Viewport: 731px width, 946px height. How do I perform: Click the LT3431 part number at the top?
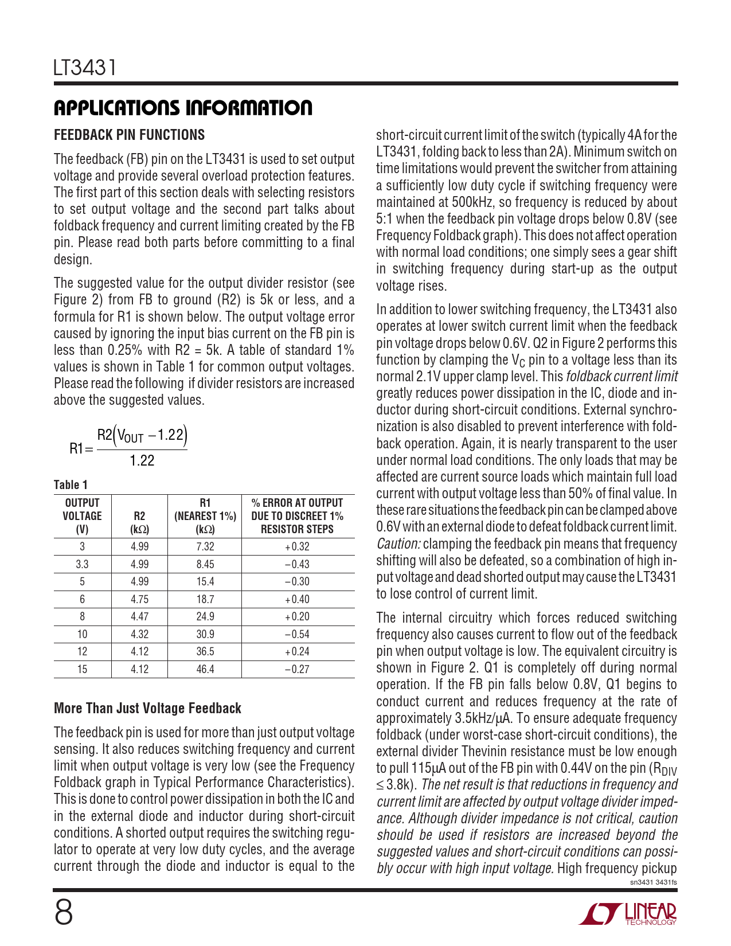point(85,68)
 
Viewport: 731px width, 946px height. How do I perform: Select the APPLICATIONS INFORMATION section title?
point(183,108)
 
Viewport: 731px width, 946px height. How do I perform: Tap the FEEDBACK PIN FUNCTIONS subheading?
point(129,135)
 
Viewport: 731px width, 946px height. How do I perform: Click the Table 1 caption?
point(71,485)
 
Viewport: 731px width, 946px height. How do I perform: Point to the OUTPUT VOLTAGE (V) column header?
point(82,516)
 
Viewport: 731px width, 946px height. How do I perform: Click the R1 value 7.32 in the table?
point(205,547)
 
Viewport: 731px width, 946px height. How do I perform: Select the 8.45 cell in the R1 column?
point(205,564)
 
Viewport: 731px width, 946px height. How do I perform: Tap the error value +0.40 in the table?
point(297,600)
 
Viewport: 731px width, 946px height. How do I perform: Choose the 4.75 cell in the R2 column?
point(139,600)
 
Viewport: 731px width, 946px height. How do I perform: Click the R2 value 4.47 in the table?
point(139,617)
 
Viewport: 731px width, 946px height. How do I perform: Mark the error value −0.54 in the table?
point(297,635)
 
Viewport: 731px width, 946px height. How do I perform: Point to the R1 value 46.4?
point(205,670)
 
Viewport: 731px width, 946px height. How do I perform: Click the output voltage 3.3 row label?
point(82,564)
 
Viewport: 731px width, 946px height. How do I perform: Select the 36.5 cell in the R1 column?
point(205,652)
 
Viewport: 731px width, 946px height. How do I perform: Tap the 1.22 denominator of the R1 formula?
point(142,461)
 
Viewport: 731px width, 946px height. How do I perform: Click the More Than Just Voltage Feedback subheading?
point(147,709)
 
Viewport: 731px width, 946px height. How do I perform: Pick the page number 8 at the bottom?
point(64,913)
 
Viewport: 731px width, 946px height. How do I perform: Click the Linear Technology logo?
point(628,914)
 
